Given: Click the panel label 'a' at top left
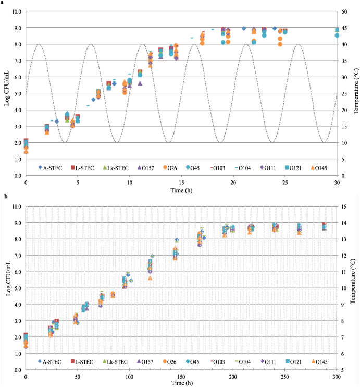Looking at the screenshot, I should point(3,3).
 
